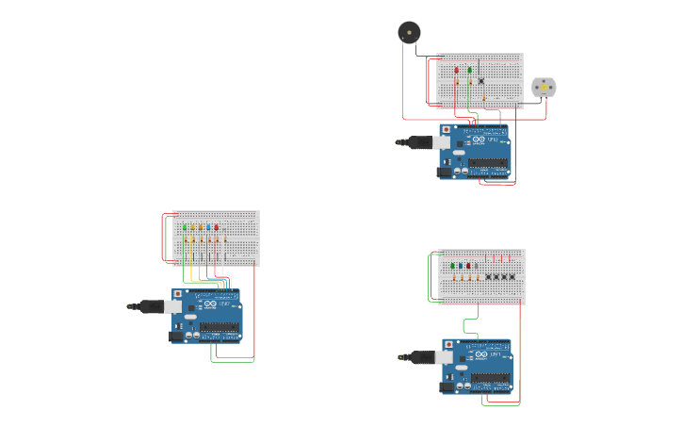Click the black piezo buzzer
(409, 32)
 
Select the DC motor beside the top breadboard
(544, 88)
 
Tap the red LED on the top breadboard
(457, 70)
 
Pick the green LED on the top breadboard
(470, 70)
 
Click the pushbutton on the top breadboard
(481, 80)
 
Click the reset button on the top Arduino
(447, 129)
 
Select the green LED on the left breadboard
(185, 227)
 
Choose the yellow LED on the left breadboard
(192, 227)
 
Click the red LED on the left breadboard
(216, 227)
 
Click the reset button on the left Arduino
(177, 294)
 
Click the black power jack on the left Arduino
(176, 336)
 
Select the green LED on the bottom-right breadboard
(452, 266)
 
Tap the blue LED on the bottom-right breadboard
(460, 266)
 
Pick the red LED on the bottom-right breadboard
(468, 266)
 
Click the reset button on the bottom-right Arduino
(449, 345)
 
